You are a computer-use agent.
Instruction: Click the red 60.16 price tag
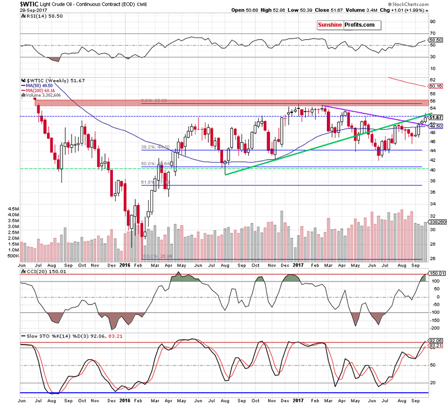pyautogui.click(x=435, y=86)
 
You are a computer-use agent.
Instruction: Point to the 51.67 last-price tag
pyautogui.click(x=435, y=117)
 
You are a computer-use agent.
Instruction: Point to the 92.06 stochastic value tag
pyautogui.click(x=435, y=340)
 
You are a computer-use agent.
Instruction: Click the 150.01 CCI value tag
pyautogui.click(x=435, y=273)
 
